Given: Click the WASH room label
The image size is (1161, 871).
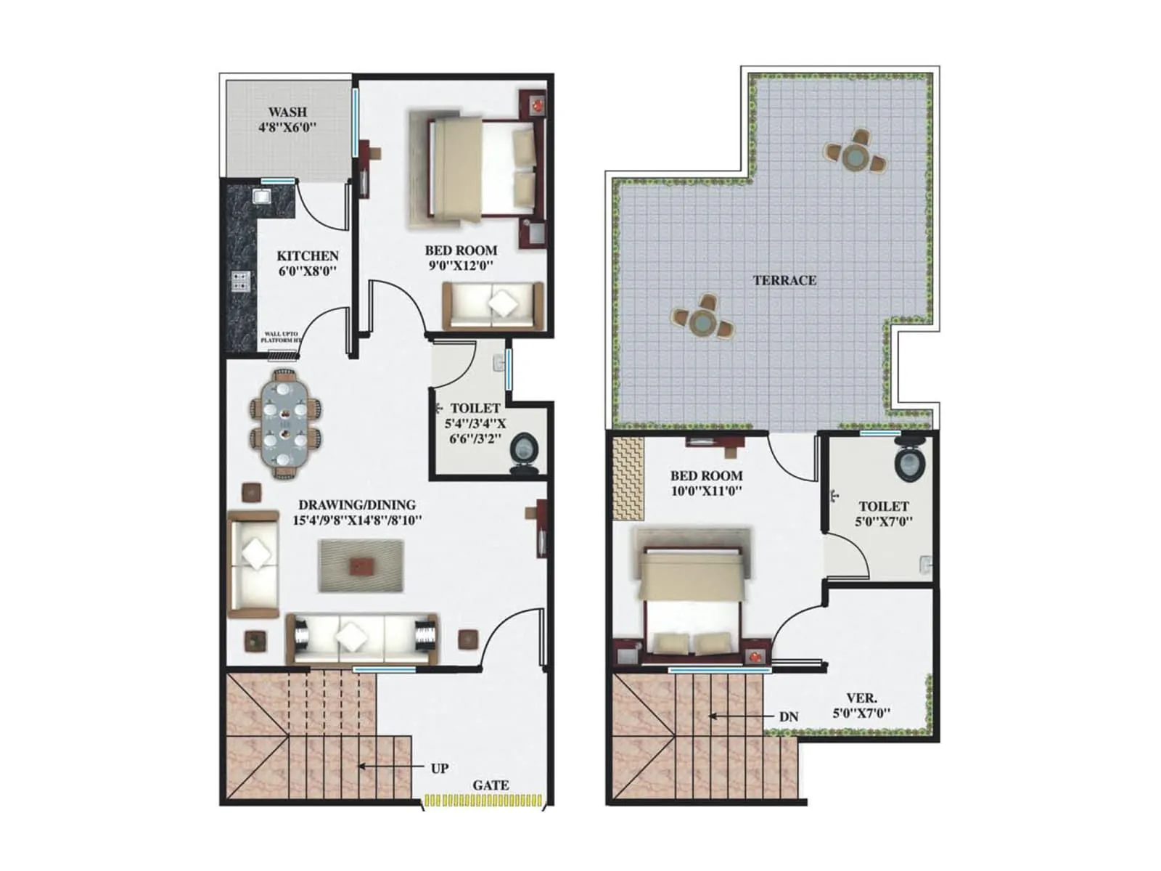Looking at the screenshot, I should (x=287, y=113).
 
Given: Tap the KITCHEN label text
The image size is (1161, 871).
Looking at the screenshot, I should (x=308, y=256).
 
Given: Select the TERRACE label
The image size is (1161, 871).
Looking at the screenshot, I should (x=784, y=280).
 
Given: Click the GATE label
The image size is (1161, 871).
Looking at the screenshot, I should (x=491, y=785).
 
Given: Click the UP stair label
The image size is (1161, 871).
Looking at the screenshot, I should (x=440, y=768).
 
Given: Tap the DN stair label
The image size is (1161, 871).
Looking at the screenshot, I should (x=789, y=717).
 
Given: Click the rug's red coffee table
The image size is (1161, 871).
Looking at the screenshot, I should (x=361, y=565).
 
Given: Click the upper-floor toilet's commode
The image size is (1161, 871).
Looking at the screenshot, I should (x=910, y=462).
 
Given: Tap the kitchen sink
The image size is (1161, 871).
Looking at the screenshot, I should (x=261, y=196).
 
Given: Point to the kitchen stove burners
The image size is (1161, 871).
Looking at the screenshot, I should (x=240, y=281).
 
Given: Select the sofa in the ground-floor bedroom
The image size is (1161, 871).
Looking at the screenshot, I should (x=493, y=304).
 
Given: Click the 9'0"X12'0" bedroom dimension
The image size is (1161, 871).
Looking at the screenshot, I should (x=461, y=266).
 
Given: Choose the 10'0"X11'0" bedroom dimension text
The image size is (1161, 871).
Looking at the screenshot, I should (x=706, y=491).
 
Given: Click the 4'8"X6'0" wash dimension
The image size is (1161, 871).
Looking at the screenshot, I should (x=287, y=128).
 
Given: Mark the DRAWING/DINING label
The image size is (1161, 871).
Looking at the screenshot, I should (x=357, y=504).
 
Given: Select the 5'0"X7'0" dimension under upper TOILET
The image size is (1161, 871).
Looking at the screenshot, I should (x=884, y=521).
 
